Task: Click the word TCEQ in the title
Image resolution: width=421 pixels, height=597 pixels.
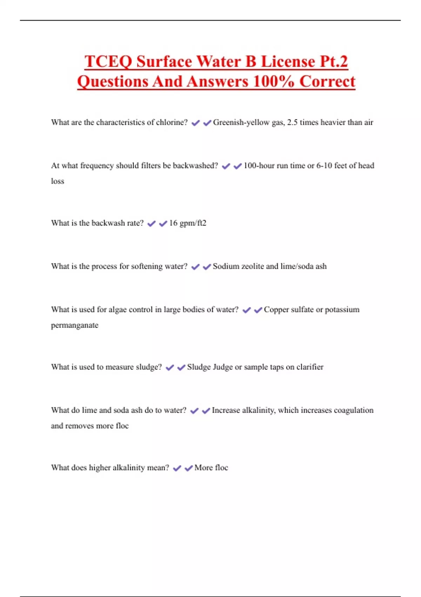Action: (108, 61)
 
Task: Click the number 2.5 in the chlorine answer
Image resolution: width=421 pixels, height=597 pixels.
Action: (292, 123)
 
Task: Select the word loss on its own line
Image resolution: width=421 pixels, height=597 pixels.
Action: (58, 181)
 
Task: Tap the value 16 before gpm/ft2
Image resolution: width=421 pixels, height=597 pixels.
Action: (173, 223)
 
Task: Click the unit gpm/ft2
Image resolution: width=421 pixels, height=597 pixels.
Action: (193, 223)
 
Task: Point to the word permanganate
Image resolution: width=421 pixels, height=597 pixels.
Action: (75, 325)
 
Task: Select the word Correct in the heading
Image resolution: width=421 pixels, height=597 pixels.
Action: (327, 81)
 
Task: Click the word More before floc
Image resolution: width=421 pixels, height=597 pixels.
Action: (203, 468)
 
